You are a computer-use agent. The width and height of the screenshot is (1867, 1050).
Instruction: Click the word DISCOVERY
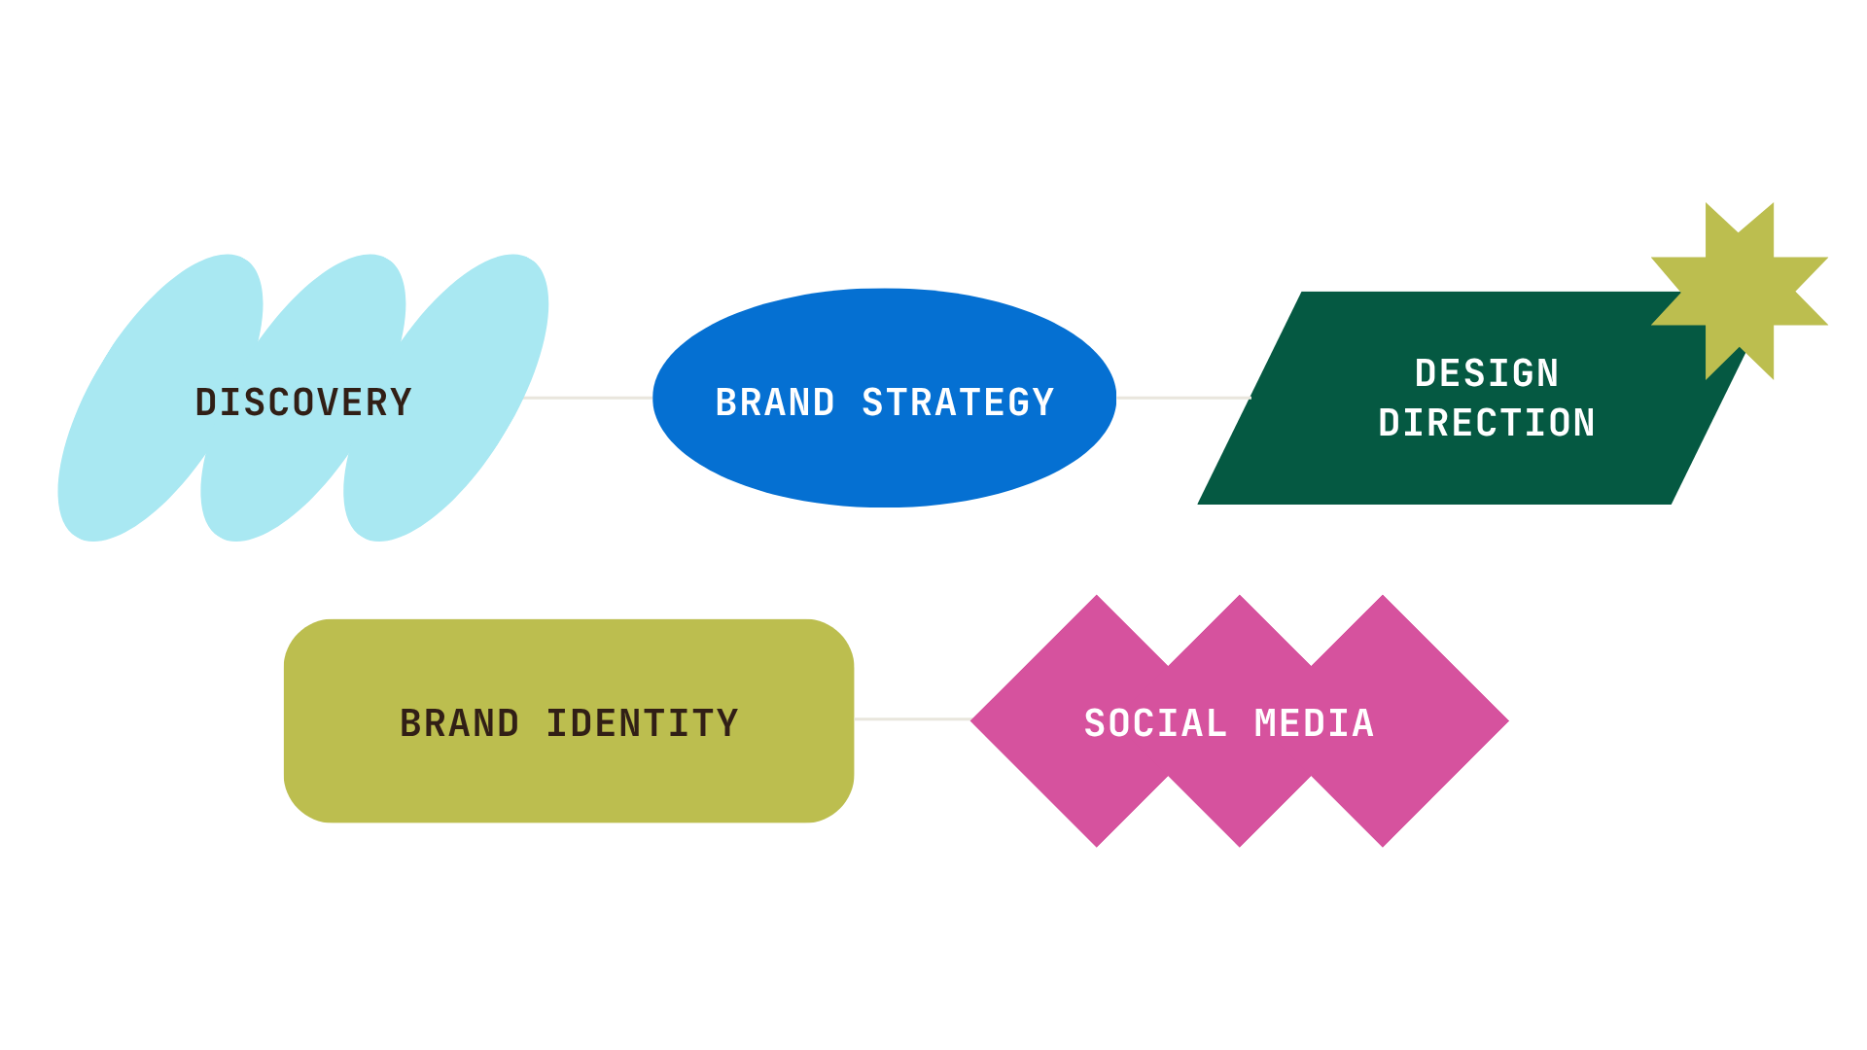[x=303, y=402]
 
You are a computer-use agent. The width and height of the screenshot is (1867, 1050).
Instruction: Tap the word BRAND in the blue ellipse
[x=775, y=402]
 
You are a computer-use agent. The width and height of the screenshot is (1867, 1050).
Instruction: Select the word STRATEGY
[x=958, y=402]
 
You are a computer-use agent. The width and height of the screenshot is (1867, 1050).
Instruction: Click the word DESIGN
[x=1487, y=373]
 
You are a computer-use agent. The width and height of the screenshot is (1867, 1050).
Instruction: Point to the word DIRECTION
[x=1487, y=423]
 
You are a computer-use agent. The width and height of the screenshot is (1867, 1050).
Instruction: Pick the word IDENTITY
[x=642, y=723]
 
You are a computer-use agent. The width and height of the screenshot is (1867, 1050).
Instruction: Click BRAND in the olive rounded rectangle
[x=459, y=723]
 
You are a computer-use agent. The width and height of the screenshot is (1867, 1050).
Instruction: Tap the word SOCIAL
[x=1155, y=723]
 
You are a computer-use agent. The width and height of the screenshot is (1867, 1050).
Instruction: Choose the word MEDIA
[x=1314, y=723]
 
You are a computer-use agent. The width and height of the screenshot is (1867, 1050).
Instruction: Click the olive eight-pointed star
[x=1740, y=291]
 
